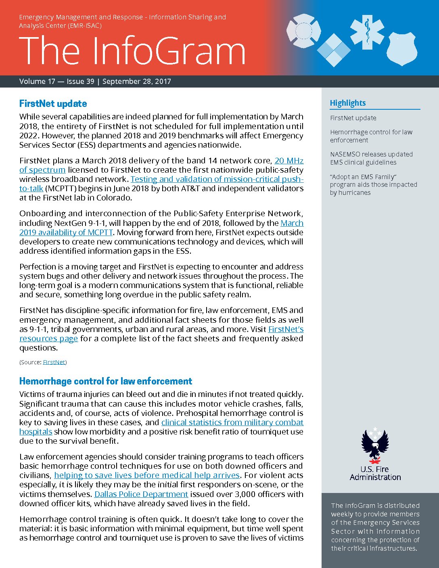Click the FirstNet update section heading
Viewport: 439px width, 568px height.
(53, 104)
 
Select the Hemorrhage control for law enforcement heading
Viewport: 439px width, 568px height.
(106, 381)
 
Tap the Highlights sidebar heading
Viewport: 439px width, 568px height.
(348, 103)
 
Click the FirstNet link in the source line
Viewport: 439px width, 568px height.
(54, 362)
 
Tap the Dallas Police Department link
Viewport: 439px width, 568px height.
(141, 494)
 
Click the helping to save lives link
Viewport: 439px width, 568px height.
(147, 475)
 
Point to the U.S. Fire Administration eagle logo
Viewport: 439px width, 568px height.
(375, 446)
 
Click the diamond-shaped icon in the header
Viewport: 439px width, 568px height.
(334, 50)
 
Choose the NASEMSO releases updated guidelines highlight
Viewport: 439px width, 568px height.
(371, 158)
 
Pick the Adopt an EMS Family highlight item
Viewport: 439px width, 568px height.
(373, 184)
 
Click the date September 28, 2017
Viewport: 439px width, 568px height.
(137, 81)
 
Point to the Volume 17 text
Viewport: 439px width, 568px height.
(37, 81)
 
